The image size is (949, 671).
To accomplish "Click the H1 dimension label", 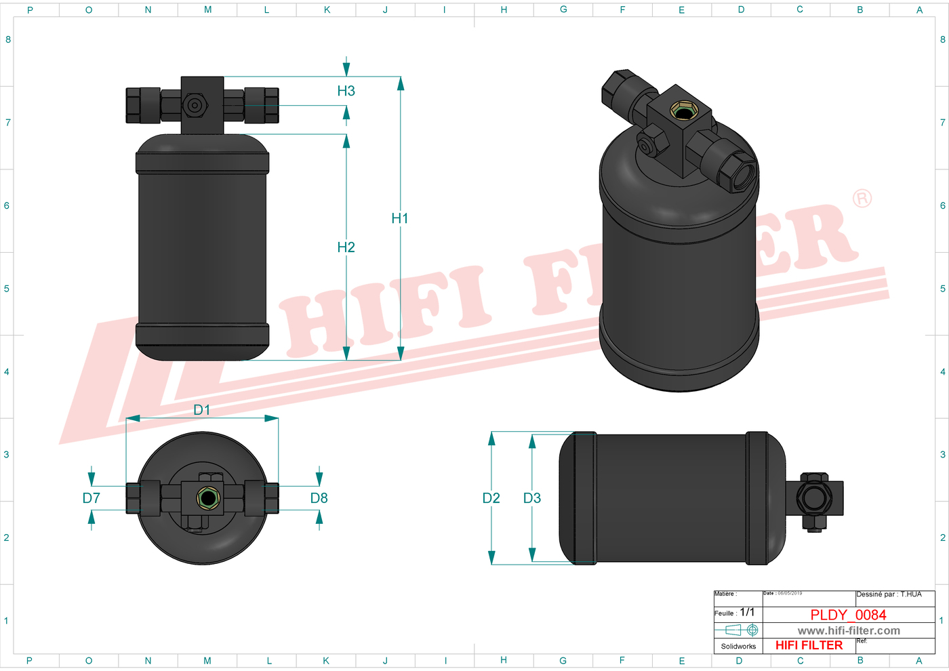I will tap(400, 218).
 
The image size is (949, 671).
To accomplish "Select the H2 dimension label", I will tap(346, 247).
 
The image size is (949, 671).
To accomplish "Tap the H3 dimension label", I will tap(346, 91).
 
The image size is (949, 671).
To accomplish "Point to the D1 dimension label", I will tap(202, 410).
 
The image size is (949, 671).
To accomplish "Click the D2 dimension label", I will tap(491, 498).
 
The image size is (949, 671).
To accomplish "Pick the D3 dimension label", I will tap(532, 498).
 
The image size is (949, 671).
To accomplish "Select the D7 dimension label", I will tap(92, 498).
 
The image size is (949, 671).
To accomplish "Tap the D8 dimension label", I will tap(319, 498).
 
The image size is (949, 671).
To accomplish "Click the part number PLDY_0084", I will tap(848, 615).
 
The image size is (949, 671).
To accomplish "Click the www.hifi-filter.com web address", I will tap(849, 630).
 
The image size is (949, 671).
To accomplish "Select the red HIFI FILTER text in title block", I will tap(809, 645).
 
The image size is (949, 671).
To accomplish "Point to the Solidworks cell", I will tap(738, 646).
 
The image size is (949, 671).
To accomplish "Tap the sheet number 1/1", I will tap(747, 612).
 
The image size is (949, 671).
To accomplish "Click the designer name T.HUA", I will tap(911, 594).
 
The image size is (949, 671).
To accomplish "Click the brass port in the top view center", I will tap(207, 499).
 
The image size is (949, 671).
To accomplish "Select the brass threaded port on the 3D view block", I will tap(681, 110).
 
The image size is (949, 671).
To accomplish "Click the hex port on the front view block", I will tap(195, 105).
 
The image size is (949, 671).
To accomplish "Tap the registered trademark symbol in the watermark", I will tap(862, 199).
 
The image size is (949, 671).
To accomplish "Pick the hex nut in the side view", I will tap(814, 499).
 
